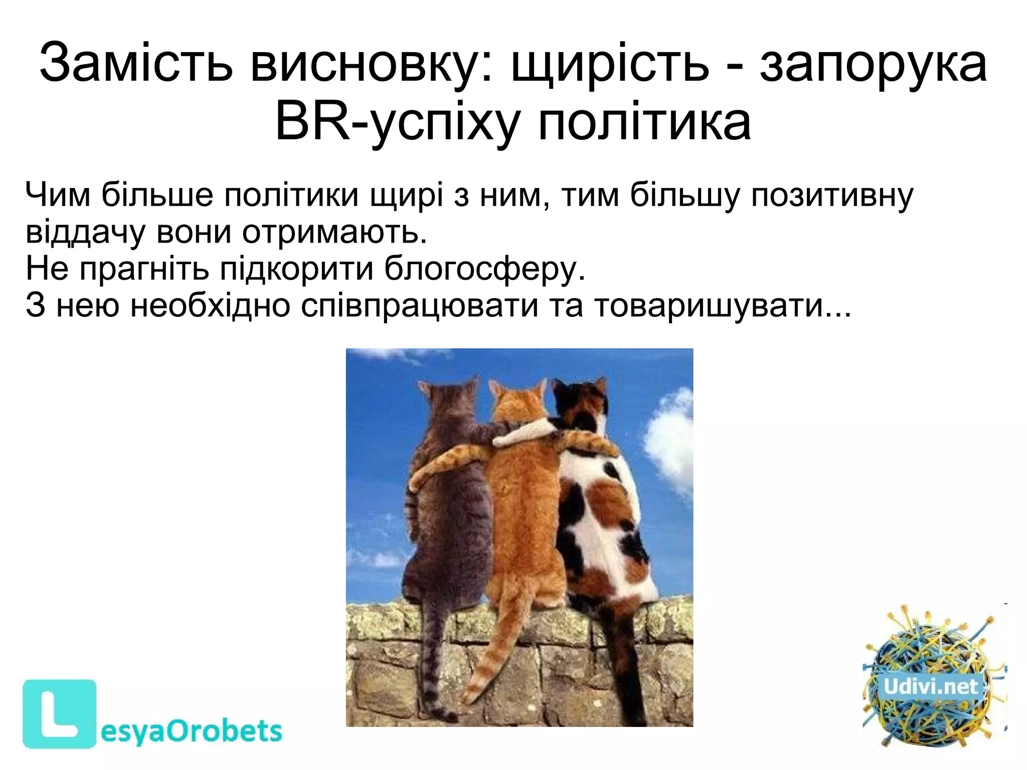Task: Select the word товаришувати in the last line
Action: (x=710, y=305)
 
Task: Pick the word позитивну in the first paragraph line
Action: (x=832, y=195)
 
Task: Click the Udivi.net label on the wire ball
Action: (x=931, y=686)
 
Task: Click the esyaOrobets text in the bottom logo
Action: (x=191, y=731)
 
